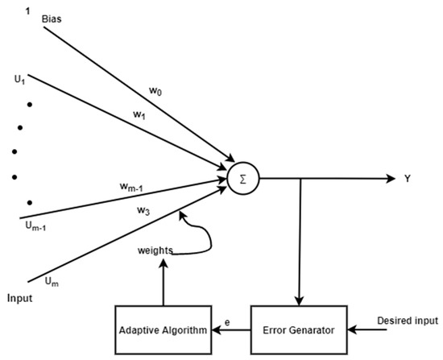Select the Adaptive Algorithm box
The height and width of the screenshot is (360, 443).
coord(163,329)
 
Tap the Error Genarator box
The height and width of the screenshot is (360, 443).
coord(299,329)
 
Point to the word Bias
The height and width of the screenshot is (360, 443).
coord(52,17)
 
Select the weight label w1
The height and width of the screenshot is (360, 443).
coord(140,114)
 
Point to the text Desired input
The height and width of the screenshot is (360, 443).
coord(408,321)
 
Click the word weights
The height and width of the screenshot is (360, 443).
coord(155,250)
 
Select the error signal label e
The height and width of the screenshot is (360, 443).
coord(228,323)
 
